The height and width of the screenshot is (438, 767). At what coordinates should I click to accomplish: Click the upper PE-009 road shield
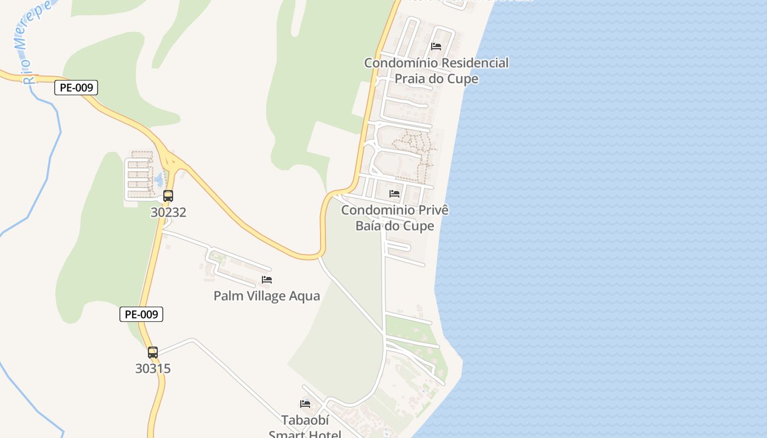coord(76,88)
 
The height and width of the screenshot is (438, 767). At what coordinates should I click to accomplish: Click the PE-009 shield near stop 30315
coord(141,314)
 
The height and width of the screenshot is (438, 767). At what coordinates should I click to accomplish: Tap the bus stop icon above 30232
coord(168,196)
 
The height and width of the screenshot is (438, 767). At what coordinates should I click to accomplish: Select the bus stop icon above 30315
coord(153,353)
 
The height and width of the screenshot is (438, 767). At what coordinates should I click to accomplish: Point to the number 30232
coord(168,212)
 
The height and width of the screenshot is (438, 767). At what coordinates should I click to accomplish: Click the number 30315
coord(153,368)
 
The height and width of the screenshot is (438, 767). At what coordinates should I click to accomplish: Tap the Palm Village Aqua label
coord(266,296)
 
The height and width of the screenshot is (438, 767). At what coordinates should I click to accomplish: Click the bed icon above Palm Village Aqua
coord(267,280)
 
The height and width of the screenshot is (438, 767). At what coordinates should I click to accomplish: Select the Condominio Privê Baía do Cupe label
coord(394,218)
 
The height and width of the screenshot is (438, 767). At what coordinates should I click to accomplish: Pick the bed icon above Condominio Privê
coord(394,194)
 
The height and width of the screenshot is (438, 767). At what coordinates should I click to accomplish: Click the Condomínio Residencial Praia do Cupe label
coord(436,71)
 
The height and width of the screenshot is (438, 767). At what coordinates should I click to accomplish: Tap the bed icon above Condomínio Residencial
coord(436,47)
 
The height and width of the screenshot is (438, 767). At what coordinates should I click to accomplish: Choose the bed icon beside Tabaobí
coord(305,404)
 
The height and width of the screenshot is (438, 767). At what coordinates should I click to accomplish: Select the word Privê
coord(433,210)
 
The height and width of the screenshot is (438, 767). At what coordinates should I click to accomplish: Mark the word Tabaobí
coord(305,420)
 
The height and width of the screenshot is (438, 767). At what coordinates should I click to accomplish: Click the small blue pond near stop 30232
coord(159,178)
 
